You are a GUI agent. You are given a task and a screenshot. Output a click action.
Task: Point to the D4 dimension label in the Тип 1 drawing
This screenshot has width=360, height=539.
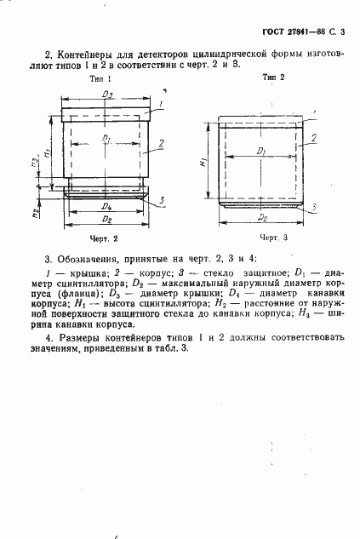106,206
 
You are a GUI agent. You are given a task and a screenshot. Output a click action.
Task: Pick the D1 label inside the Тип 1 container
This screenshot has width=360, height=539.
106,137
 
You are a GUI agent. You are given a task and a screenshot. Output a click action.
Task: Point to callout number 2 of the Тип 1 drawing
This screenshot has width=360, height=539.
161,146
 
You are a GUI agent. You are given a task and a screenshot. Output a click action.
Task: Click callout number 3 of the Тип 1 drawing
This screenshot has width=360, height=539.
162,201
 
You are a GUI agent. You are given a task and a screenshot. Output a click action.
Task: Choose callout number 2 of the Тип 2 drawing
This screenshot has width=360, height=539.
314,137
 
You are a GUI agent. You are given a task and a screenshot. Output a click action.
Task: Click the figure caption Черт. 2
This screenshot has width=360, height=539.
103,239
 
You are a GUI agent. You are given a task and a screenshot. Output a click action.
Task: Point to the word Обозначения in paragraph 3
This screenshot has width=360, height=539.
83,257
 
